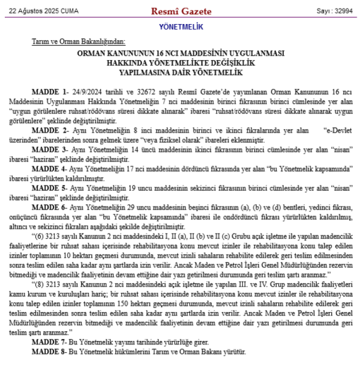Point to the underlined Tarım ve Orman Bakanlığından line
tap(79, 42)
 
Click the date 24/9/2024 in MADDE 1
tap(89, 94)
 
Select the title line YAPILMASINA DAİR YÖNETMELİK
tap(180, 71)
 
